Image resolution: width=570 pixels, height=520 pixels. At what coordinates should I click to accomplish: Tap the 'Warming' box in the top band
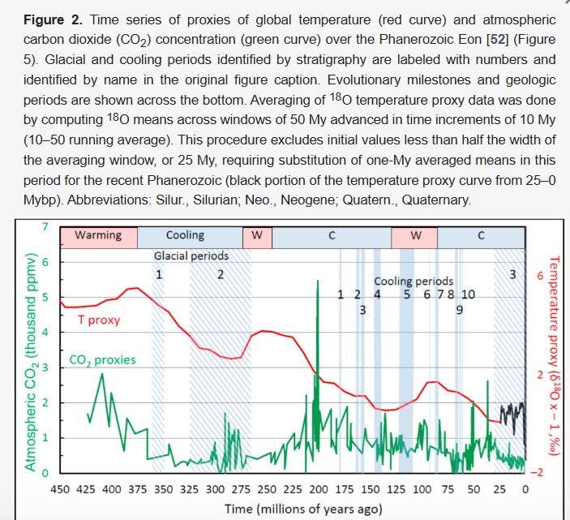98,235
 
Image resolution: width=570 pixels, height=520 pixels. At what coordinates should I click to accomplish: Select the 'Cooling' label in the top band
185,235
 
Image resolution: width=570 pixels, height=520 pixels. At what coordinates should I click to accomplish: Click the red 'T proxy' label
99,320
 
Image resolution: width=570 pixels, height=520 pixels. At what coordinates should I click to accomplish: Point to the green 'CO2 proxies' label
102,359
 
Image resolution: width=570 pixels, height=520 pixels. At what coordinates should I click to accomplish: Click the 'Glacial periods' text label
191,256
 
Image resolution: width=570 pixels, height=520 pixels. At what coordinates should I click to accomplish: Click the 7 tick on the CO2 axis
46,226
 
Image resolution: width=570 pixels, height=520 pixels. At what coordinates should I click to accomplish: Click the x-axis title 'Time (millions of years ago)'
291,509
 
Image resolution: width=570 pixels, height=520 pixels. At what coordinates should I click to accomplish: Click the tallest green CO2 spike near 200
318,284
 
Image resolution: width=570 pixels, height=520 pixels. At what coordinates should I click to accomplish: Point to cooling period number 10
468,294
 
